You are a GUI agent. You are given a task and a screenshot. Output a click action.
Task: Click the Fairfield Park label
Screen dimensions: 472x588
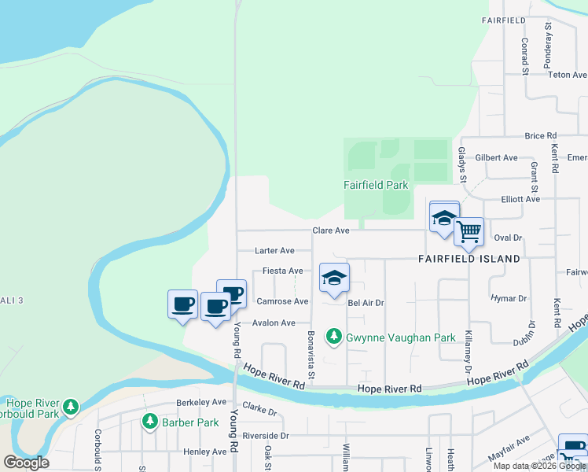(x=376, y=186)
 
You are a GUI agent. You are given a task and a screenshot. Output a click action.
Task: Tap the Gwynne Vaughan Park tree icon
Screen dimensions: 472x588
(x=334, y=337)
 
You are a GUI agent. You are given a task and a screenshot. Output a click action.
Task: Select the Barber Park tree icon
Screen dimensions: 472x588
(x=149, y=422)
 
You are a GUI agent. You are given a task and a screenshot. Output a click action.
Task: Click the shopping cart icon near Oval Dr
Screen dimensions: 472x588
(x=469, y=232)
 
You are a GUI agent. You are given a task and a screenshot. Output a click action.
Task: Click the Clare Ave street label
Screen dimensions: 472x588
(x=330, y=230)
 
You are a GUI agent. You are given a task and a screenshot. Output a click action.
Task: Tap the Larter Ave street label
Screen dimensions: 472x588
(x=274, y=251)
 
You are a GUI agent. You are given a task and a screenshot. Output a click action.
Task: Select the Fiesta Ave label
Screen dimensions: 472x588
(x=282, y=271)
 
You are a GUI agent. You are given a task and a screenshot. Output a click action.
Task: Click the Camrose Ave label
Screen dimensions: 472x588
(x=282, y=301)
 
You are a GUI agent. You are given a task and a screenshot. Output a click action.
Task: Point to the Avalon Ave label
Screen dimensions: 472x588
(x=274, y=323)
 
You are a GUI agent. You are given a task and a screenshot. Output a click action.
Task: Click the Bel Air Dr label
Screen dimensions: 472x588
(x=366, y=302)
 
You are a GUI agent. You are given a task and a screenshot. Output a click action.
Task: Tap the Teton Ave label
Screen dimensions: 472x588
(x=568, y=75)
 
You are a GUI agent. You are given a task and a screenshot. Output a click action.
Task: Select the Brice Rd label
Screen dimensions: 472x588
(x=540, y=136)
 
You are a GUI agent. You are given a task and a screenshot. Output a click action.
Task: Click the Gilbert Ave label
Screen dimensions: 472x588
(x=496, y=157)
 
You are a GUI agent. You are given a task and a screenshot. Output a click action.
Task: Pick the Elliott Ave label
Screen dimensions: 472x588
(x=520, y=199)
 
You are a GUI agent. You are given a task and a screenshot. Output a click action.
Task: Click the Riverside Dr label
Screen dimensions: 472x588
(x=266, y=435)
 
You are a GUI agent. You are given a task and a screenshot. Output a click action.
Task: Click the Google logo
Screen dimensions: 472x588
(x=26, y=463)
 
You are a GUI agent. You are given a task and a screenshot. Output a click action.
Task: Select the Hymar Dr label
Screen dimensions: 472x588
(x=508, y=299)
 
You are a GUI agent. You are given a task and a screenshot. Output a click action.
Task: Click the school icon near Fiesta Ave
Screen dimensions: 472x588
(x=334, y=278)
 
